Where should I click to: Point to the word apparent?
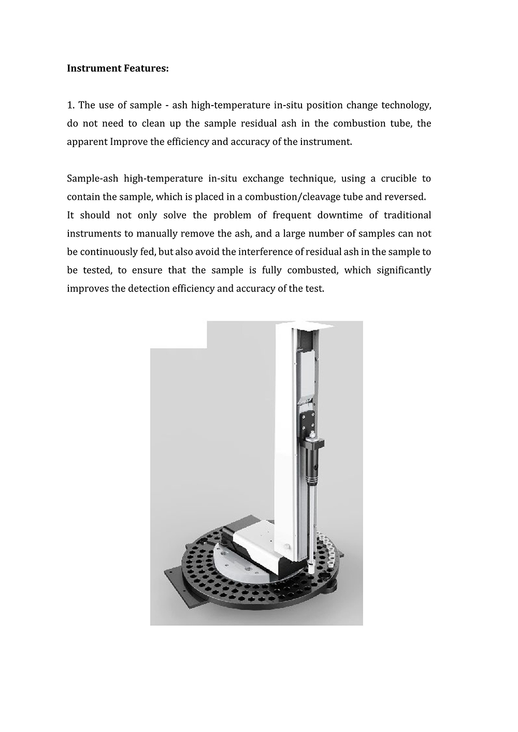87,142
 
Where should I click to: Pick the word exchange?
262,179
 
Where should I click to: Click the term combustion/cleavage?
290,197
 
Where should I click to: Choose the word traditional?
404,215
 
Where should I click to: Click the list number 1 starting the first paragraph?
70,105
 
